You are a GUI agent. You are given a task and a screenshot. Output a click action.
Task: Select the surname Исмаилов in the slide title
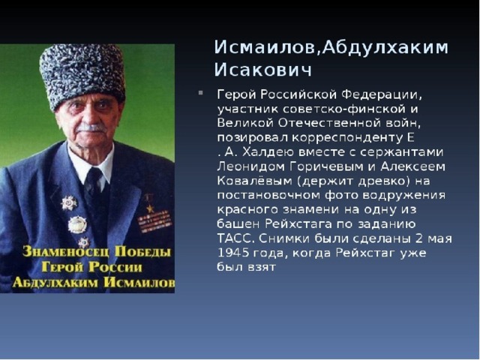tap(264, 47)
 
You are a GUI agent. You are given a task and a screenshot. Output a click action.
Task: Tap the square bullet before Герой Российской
tap(201, 92)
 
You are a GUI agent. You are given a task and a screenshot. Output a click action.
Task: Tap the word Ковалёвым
tap(255, 181)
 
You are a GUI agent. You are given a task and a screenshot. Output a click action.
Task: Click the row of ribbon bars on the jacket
tap(154, 221)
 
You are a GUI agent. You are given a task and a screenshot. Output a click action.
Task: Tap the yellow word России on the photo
tap(115, 267)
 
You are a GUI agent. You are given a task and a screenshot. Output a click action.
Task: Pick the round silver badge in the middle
tap(77, 224)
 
